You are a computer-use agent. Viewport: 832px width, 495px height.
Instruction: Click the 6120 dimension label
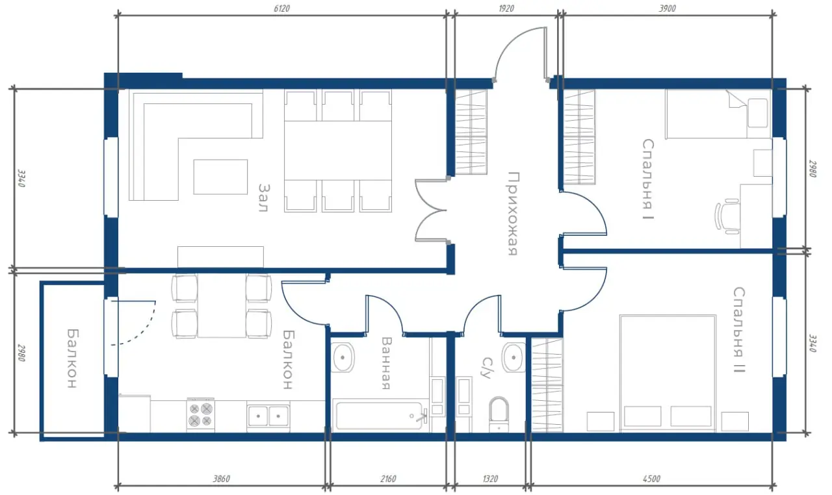(282, 8)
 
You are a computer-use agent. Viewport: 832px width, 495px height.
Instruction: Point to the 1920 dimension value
(506, 8)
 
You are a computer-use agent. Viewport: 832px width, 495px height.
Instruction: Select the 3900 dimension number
(668, 8)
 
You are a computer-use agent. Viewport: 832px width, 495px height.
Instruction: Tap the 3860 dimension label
(222, 479)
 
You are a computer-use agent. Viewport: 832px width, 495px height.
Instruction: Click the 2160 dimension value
(388, 479)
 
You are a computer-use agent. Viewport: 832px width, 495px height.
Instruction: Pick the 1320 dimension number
(490, 479)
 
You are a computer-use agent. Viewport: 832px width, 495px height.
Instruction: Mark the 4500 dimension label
(651, 479)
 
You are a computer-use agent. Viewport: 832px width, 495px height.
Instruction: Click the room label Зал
(264, 197)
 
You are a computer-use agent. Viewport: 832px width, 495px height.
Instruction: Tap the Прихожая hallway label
(513, 214)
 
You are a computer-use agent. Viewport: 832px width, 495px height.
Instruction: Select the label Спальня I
(648, 179)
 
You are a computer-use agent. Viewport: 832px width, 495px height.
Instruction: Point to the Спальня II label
(739, 329)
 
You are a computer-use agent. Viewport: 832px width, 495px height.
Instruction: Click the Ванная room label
(387, 363)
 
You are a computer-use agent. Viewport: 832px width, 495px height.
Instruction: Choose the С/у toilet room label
(487, 368)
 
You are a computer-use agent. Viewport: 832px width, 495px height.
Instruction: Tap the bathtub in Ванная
(381, 415)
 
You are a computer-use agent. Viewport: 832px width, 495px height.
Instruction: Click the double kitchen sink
(268, 415)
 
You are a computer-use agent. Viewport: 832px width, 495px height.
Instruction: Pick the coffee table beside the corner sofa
(220, 177)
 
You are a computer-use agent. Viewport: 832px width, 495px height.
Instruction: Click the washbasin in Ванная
(343, 357)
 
